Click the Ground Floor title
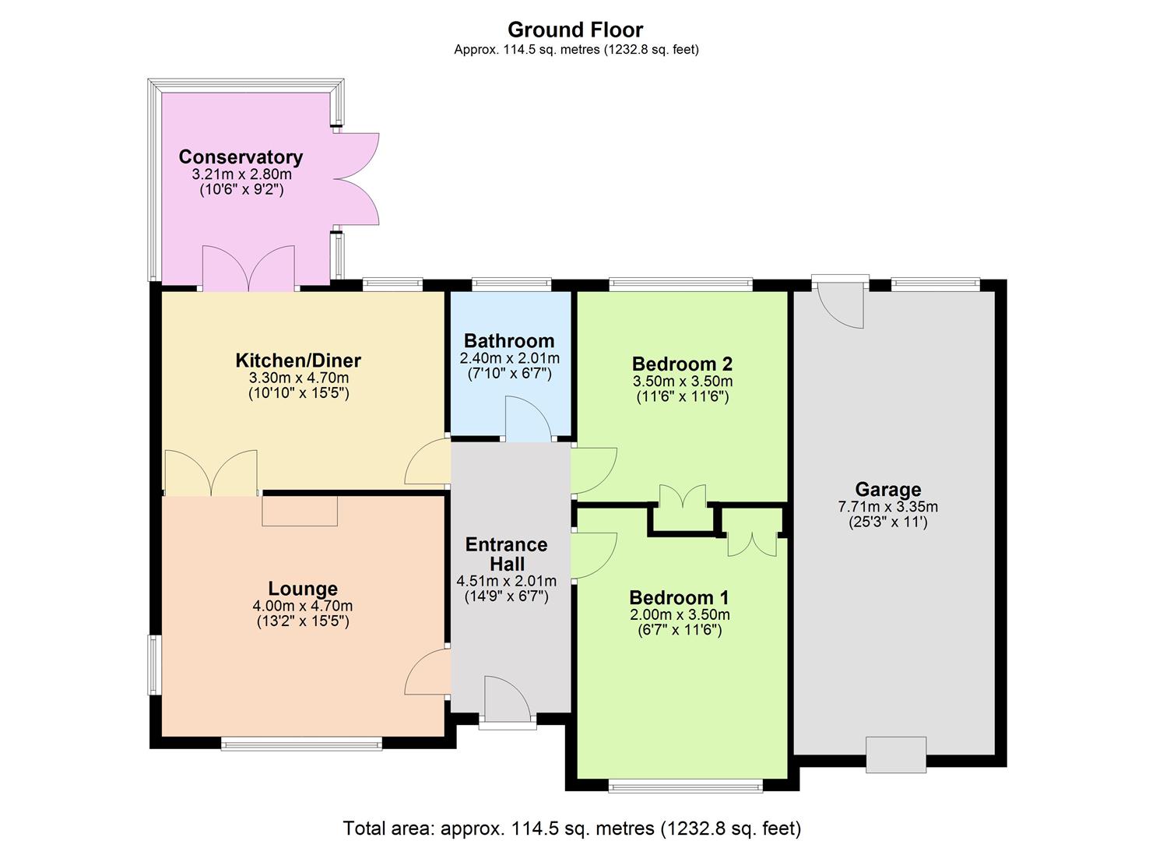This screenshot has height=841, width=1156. [575, 30]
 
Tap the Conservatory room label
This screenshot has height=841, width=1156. [241, 157]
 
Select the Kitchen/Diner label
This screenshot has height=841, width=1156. [298, 361]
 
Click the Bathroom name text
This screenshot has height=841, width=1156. [509, 340]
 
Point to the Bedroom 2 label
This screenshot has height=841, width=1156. [682, 364]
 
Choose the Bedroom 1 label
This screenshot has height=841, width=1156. [679, 597]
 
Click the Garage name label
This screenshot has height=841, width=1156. [887, 489]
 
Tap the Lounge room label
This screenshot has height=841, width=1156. [303, 589]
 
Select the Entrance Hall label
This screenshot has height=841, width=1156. [506, 554]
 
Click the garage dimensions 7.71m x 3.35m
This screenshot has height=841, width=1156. [887, 507]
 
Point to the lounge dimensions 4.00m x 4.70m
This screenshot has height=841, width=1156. [302, 606]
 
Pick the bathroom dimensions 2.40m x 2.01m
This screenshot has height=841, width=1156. [509, 358]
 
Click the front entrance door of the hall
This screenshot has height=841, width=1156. [508, 698]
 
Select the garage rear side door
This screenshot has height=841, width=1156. [842, 304]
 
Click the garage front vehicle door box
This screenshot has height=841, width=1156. [896, 755]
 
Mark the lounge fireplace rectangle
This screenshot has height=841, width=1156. [300, 511]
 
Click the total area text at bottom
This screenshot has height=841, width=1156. [572, 828]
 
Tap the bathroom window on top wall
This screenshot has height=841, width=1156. [511, 285]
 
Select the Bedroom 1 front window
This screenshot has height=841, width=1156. [686, 786]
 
